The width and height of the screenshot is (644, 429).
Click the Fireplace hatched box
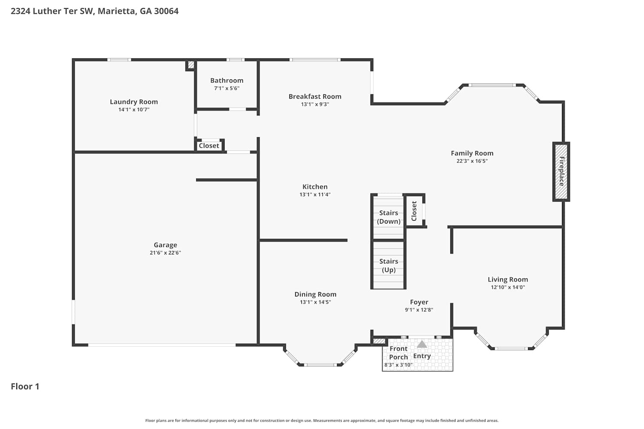coord(561,172)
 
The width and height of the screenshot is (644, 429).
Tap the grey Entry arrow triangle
coord(422,344)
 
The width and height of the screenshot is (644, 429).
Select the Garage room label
coord(165,245)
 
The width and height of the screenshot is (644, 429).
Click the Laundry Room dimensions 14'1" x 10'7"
coord(134,109)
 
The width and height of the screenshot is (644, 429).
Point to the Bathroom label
coord(227,81)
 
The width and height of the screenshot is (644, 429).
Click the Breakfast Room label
coord(315,97)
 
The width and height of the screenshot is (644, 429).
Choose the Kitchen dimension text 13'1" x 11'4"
coord(315,194)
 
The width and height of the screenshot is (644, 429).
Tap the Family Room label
coord(472,153)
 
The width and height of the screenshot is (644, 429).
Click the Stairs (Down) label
coord(389,217)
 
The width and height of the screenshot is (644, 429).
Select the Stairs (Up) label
coord(389,266)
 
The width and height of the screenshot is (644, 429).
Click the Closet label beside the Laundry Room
coord(209,146)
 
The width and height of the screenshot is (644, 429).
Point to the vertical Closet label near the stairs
coord(414,211)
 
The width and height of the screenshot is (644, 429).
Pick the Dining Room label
coord(316,294)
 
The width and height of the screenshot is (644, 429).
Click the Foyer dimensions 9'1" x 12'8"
coord(419,310)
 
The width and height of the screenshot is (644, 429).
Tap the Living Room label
coord(508,279)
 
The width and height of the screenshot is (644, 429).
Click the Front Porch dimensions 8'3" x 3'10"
coord(398,365)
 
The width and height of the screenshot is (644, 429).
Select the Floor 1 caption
coord(25,387)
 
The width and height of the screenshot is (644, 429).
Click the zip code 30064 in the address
coord(166,11)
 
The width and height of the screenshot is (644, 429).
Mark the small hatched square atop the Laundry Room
coord(191,65)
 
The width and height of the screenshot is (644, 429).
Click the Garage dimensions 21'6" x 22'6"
coord(165,253)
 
